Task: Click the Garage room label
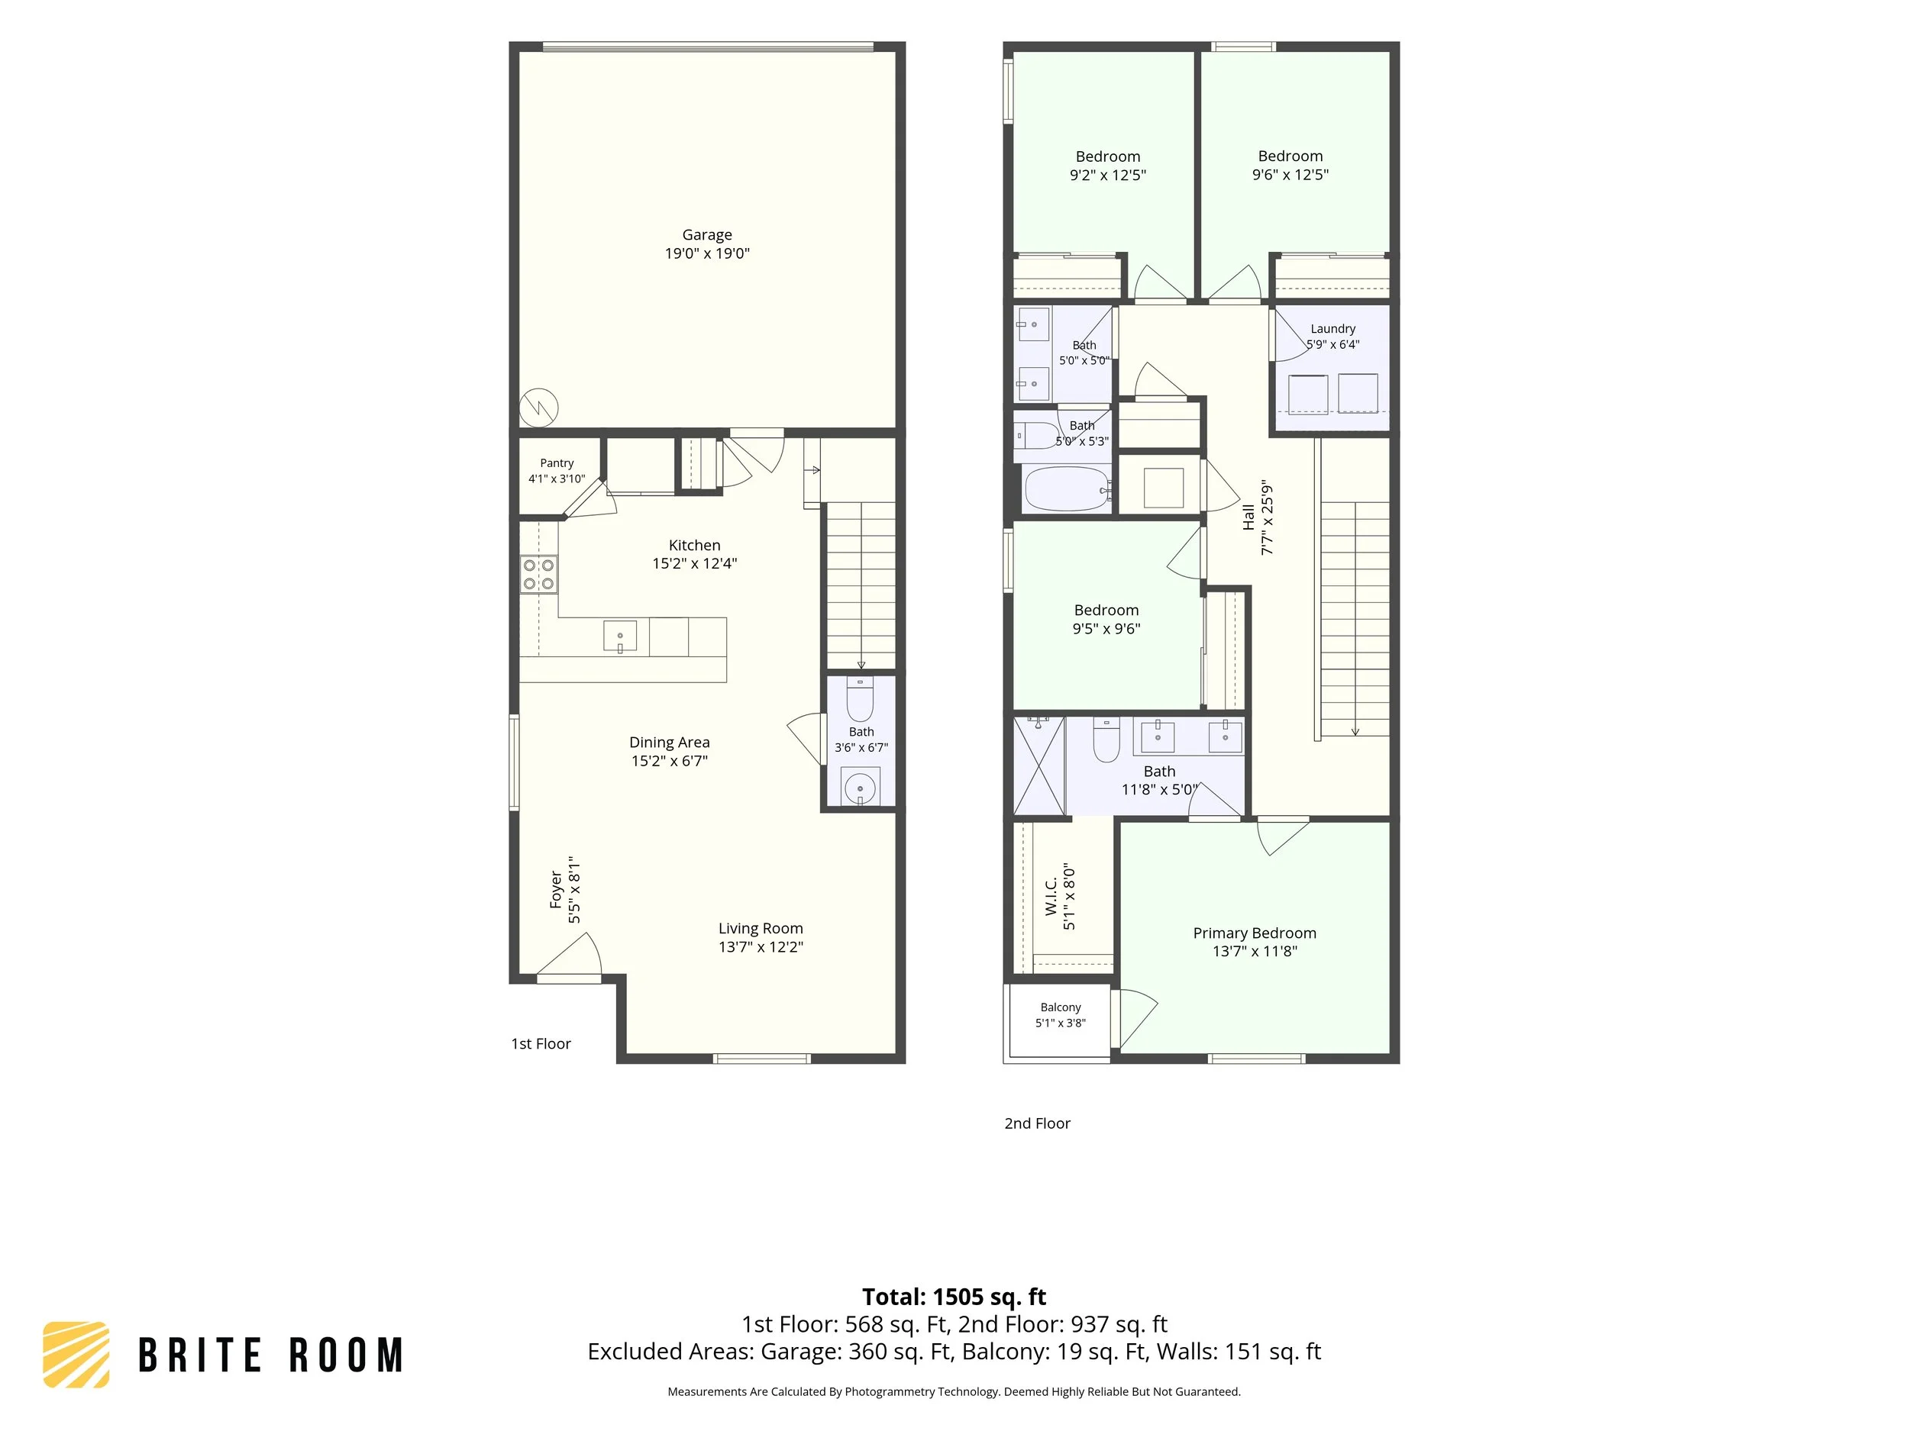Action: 707,234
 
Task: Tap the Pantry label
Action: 557,463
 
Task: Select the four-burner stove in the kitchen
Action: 538,575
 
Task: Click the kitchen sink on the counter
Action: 619,637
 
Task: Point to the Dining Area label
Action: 669,743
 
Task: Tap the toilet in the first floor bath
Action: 861,698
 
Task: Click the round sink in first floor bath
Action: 861,787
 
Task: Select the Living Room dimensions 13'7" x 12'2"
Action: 761,947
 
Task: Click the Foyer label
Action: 557,890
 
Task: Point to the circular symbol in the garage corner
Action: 538,406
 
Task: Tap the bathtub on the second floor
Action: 1068,489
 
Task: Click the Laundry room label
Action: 1332,329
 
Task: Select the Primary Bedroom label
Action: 1255,933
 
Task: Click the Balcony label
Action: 1061,1007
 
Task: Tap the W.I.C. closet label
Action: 1051,896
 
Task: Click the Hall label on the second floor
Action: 1248,517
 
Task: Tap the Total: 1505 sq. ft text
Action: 954,1297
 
